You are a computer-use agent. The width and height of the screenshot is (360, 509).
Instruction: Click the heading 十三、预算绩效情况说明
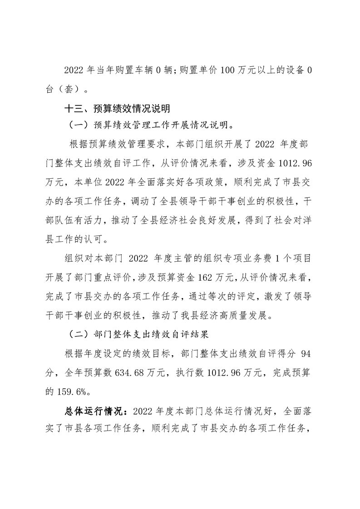tap(117, 109)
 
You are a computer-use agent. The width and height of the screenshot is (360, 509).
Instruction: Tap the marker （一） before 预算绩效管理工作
tap(78, 124)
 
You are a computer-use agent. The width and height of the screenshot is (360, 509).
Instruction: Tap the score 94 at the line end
tap(305, 354)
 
